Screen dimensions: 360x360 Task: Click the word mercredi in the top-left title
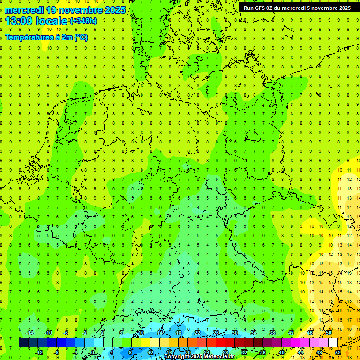click(24, 10)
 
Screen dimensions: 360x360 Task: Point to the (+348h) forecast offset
click(83, 21)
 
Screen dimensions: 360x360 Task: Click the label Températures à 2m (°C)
click(46, 37)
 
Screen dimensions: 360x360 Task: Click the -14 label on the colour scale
click(29, 333)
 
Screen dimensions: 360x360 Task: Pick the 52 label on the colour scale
click(337, 352)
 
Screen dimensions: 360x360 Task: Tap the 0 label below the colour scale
click(93, 352)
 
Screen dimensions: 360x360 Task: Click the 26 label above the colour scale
click(216, 333)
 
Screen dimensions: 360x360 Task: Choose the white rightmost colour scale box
click(333, 343)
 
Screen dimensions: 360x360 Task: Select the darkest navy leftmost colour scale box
click(23, 343)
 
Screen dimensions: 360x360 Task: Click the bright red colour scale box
click(220, 343)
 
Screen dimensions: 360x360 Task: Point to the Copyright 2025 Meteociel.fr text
click(200, 357)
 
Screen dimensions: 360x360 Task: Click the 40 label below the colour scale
click(281, 352)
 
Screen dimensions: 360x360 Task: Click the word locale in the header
click(51, 21)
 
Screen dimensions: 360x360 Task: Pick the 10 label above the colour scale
click(141, 333)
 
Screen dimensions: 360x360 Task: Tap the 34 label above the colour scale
click(253, 333)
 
